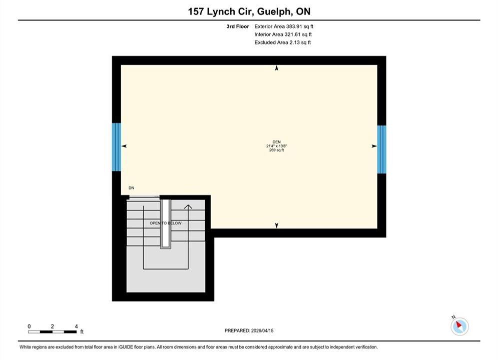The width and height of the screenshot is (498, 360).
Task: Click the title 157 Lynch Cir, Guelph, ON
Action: (249, 11)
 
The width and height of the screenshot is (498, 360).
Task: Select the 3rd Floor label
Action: (238, 26)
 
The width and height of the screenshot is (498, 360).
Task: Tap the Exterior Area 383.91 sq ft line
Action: (284, 26)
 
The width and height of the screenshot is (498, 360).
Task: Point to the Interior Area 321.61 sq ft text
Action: (283, 34)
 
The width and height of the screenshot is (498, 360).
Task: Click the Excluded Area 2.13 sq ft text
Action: (282, 42)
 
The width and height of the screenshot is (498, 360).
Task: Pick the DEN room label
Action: (277, 142)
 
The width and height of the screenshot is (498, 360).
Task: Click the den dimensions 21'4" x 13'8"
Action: (277, 146)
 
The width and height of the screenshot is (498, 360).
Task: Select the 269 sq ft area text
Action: (277, 150)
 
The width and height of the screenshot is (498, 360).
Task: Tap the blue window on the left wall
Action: (117, 147)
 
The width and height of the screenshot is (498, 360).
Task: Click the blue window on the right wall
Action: (382, 149)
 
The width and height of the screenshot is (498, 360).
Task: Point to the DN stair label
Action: (131, 188)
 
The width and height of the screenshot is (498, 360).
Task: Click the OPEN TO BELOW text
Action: (166, 223)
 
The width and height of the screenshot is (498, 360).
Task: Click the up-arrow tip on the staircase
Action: (188, 205)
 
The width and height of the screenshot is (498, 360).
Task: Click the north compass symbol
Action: (459, 325)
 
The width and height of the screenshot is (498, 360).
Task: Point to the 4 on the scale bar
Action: (76, 326)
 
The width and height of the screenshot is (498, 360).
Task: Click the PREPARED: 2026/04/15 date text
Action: (249, 330)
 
